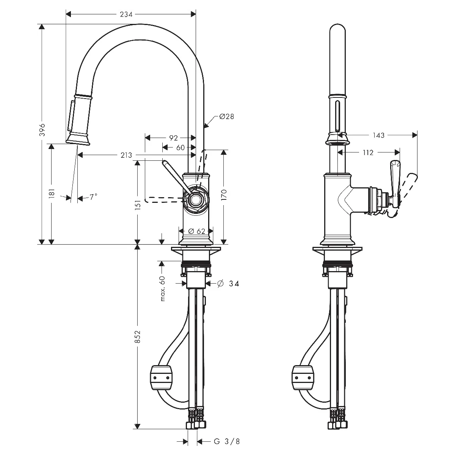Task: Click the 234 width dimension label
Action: click(x=126, y=14)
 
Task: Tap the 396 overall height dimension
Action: click(x=42, y=130)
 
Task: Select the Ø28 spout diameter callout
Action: click(x=226, y=116)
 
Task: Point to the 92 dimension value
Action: click(x=173, y=138)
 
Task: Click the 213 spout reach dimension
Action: click(x=126, y=155)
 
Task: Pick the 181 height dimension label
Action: click(x=52, y=193)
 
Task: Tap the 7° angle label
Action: click(x=93, y=196)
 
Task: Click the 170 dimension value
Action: click(x=224, y=195)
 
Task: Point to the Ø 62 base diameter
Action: click(x=197, y=231)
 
